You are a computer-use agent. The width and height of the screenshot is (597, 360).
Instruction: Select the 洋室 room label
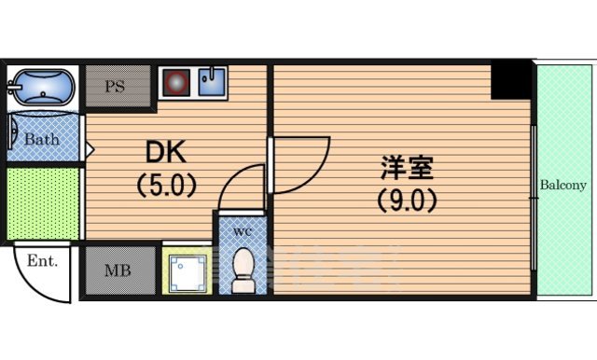(407, 169)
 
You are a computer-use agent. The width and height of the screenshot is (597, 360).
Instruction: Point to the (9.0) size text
(408, 199)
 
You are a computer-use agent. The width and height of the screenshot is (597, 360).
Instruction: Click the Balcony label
(563, 185)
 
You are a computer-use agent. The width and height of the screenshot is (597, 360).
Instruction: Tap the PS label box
(116, 88)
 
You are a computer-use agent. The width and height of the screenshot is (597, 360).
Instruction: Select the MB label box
(117, 271)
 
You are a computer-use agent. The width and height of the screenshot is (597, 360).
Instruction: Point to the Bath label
(41, 140)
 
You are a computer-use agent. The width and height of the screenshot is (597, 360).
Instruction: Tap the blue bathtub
(39, 89)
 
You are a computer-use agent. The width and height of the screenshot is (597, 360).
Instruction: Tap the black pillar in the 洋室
(510, 81)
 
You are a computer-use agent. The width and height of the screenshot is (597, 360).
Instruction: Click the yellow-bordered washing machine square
(187, 270)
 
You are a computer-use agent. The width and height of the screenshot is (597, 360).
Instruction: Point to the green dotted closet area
(43, 203)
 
